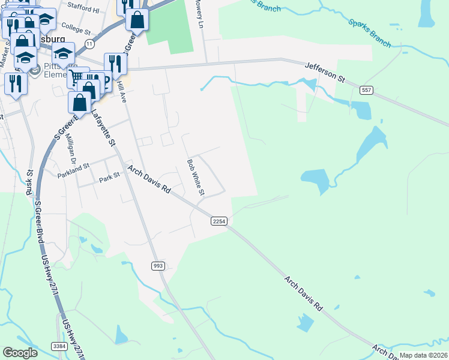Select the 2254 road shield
(218, 221)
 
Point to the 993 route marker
(157, 266)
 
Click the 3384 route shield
(59, 346)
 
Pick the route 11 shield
(89, 44)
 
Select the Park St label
(110, 178)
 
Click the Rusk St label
(29, 183)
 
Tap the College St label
(75, 29)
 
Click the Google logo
(20, 353)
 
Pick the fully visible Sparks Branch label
(369, 34)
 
